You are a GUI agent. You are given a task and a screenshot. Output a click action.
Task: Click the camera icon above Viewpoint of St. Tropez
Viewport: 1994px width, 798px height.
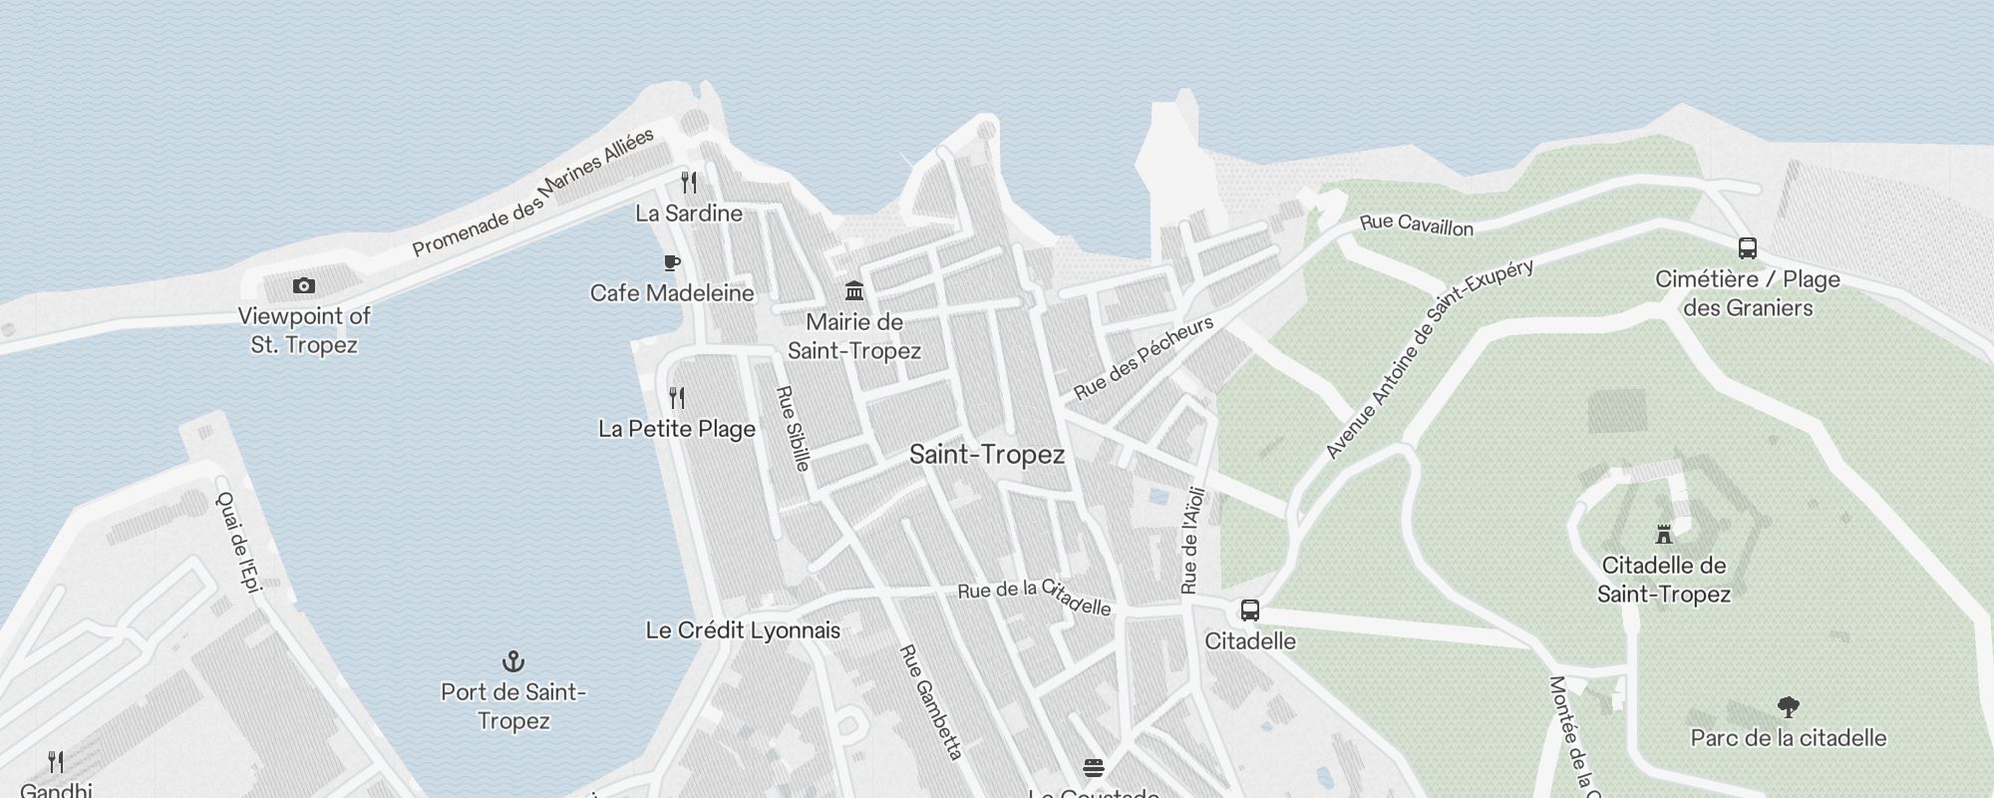(304, 286)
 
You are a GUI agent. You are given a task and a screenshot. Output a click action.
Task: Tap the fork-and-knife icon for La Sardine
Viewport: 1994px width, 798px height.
(689, 183)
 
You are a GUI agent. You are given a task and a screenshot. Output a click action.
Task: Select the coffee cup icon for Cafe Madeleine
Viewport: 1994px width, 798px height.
(672, 263)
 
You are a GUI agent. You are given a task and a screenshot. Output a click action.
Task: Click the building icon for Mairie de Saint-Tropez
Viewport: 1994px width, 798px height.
(854, 291)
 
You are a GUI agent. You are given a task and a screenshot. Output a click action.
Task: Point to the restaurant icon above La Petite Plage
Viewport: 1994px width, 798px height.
(677, 398)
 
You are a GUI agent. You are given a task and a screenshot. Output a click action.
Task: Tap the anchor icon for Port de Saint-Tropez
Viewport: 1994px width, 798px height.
(512, 661)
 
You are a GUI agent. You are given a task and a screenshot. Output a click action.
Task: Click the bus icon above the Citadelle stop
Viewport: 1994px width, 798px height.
(1249, 610)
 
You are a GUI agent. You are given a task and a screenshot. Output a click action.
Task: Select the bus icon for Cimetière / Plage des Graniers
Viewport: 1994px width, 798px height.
(1747, 248)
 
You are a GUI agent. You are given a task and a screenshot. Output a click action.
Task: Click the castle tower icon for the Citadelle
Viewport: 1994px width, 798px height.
(1663, 535)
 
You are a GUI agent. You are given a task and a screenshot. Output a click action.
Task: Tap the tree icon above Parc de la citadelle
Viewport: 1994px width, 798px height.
(1788, 707)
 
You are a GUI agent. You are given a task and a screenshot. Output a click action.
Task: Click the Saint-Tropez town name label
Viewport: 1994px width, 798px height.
(987, 455)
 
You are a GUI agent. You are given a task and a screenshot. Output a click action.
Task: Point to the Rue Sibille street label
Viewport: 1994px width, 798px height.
(794, 428)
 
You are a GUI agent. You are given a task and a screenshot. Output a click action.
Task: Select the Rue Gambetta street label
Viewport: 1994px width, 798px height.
(930, 702)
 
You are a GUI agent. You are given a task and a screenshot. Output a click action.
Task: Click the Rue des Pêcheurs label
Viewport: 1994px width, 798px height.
(1144, 357)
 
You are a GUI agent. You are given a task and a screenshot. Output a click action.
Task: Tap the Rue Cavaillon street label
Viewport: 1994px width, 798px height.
(1417, 224)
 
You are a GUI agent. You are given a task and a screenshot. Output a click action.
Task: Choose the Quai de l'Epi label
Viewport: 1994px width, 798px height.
(239, 543)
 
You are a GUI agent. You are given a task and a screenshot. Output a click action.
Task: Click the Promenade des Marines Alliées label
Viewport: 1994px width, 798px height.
(533, 192)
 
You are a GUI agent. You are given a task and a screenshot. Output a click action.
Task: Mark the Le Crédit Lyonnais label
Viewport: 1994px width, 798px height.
(743, 630)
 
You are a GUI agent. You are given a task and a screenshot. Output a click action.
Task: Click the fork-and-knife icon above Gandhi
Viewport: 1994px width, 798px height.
(56, 762)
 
